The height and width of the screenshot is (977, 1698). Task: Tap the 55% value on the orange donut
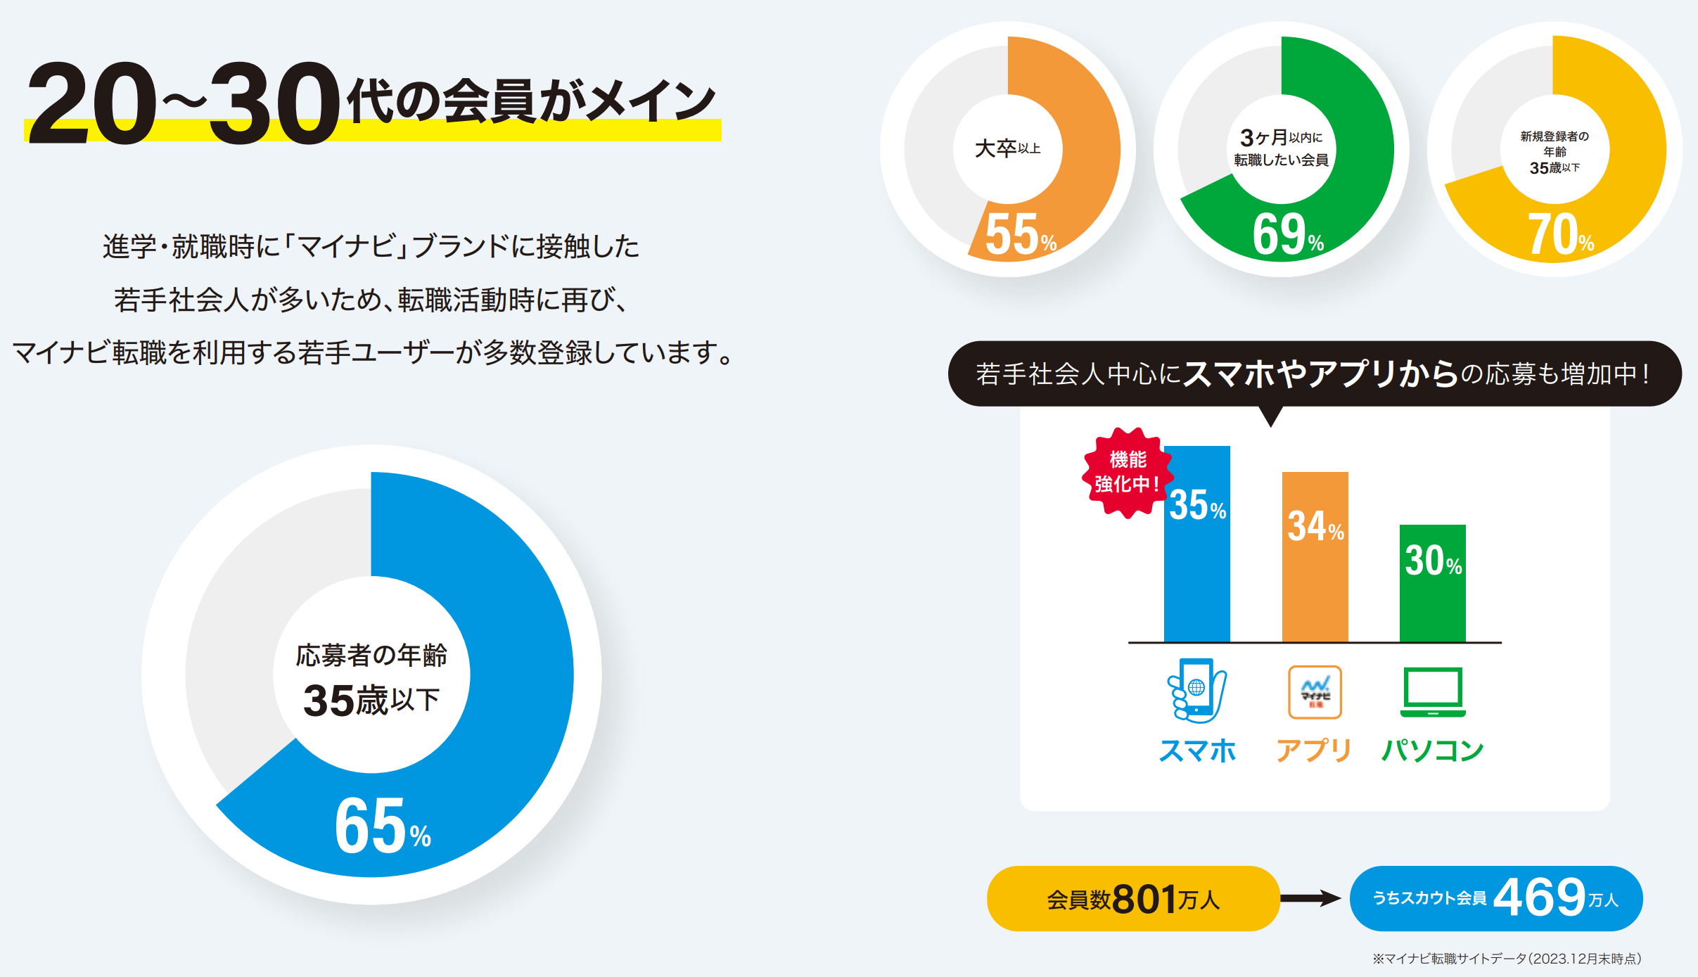[1020, 235]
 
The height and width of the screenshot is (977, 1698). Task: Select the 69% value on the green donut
[1287, 235]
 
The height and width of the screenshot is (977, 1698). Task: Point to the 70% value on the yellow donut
[1559, 235]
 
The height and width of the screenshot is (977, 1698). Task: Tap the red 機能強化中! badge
[1127, 472]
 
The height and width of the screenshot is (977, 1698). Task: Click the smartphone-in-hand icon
[1196, 690]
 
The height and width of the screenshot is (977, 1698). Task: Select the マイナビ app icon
[1315, 692]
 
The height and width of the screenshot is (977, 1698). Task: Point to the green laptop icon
[1433, 692]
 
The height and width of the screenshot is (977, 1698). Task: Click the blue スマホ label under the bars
[1197, 751]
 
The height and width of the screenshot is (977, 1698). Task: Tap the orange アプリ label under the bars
[1314, 751]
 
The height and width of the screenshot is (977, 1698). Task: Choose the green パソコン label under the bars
[1433, 751]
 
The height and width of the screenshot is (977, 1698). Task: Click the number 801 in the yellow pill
[1144, 899]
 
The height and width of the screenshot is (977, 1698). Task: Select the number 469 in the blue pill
[1539, 898]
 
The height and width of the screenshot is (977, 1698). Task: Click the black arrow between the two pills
[1311, 898]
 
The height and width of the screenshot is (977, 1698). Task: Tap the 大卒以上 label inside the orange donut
[1007, 148]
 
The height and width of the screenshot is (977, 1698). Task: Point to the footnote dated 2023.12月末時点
[1507, 959]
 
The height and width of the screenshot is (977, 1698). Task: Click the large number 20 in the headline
[91, 103]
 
